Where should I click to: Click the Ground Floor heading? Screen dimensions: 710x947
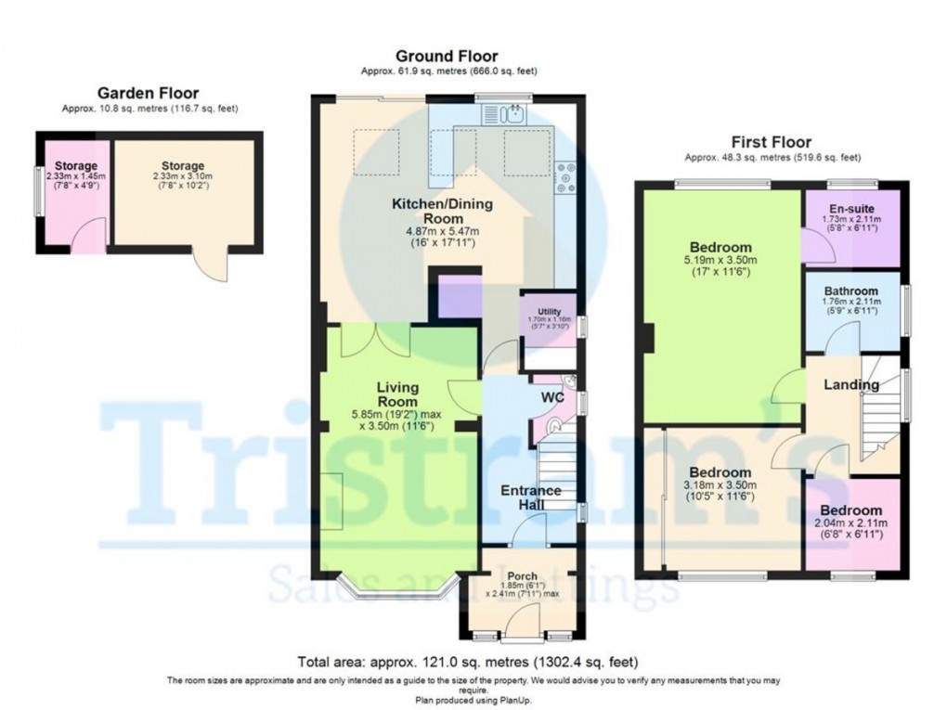point(447,57)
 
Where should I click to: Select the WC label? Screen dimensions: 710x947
point(554,398)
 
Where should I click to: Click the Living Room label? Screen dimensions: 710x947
point(397,394)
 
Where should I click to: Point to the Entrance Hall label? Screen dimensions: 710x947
point(530,497)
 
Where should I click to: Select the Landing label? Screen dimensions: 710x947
point(852,384)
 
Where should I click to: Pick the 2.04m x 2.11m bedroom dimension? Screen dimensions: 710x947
point(851,523)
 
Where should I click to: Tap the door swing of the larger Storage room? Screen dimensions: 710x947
point(213,266)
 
